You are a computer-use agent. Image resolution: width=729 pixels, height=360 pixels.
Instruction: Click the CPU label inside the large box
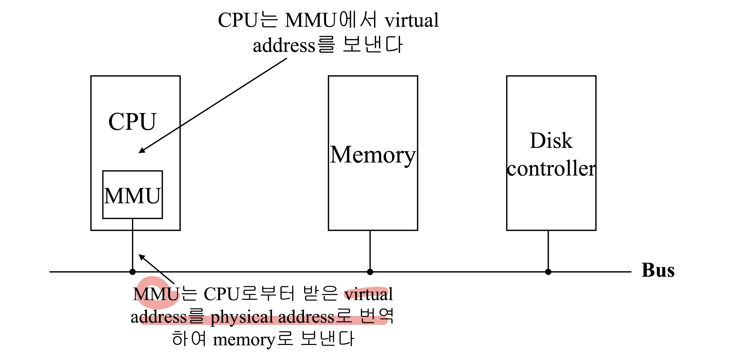pyautogui.click(x=132, y=122)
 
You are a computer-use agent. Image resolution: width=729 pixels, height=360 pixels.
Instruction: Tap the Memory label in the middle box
pyautogui.click(x=373, y=155)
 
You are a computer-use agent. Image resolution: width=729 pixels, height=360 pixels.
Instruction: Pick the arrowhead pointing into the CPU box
pyautogui.click(x=142, y=150)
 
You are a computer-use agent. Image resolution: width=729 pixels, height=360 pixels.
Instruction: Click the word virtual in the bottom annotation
pyautogui.click(x=368, y=294)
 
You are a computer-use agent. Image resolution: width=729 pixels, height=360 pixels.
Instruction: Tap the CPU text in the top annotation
pyautogui.click(x=238, y=20)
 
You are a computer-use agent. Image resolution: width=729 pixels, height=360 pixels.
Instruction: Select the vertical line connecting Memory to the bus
pyautogui.click(x=370, y=250)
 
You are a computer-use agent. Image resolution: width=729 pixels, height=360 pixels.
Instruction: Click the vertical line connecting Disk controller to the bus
pyautogui.click(x=548, y=250)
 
